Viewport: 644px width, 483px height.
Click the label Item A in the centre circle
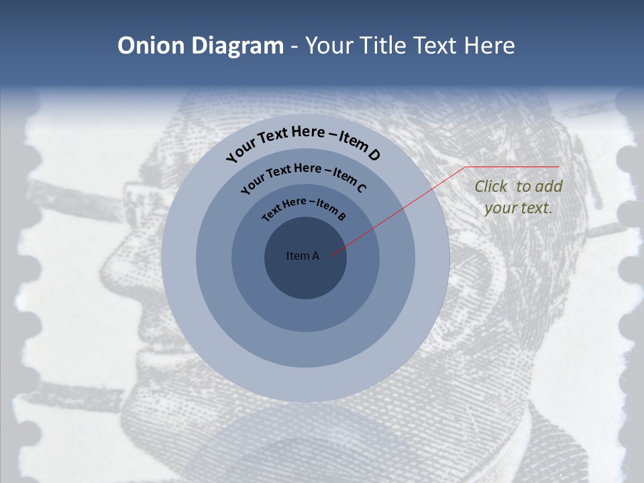(303, 256)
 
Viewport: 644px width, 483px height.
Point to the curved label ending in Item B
(303, 207)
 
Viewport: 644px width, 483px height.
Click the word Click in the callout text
(491, 186)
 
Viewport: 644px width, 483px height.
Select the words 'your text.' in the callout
(518, 208)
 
